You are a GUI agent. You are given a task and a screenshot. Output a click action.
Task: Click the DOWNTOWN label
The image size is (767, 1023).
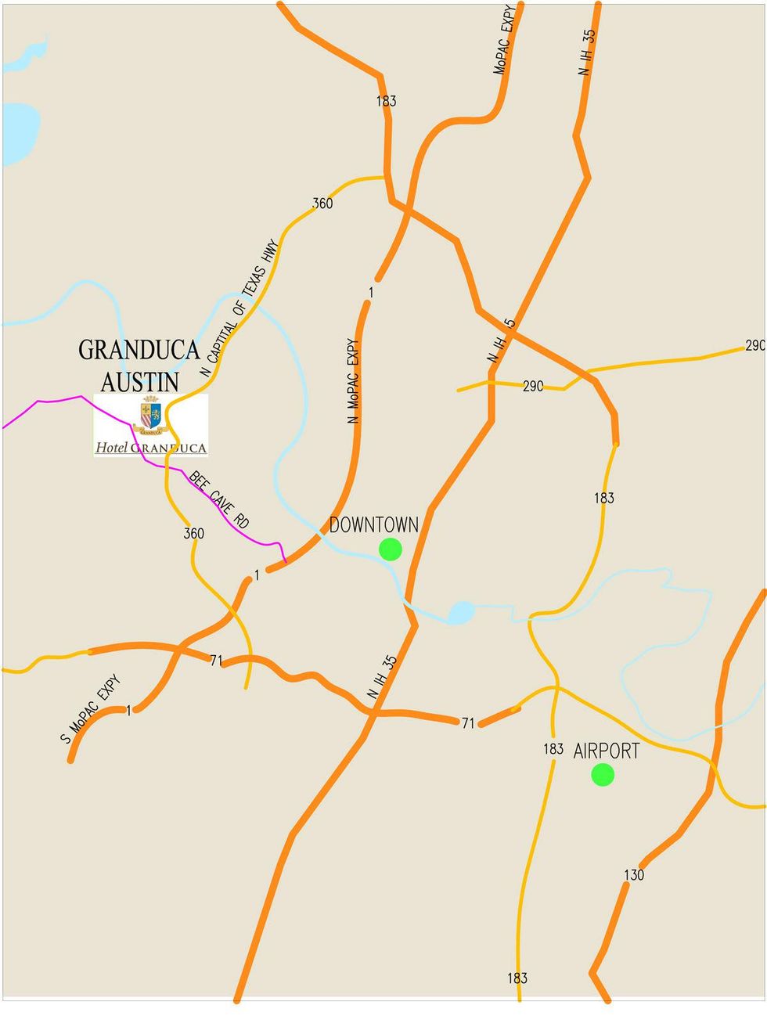tap(373, 524)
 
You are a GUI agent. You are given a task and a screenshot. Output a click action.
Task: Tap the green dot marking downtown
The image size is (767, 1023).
tap(390, 549)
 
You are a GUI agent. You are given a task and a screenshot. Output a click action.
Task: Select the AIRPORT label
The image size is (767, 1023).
tap(606, 751)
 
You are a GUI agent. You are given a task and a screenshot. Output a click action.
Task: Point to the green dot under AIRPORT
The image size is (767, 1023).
tap(603, 775)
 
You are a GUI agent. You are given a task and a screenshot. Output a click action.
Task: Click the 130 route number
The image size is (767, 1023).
tap(634, 874)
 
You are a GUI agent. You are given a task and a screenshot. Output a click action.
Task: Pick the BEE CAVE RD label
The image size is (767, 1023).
tap(218, 500)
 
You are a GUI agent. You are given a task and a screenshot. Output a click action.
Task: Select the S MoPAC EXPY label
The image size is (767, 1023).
tap(90, 708)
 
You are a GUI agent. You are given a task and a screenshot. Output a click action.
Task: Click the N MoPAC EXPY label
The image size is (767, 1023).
tap(354, 381)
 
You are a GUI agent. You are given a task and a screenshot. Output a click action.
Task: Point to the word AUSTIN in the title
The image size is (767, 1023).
tap(140, 382)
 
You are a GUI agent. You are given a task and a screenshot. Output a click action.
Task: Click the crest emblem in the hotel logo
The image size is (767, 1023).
tap(151, 416)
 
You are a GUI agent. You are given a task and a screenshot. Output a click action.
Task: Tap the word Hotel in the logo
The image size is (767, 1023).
tap(111, 448)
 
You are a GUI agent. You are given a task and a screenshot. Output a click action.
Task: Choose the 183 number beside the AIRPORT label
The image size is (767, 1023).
tap(553, 749)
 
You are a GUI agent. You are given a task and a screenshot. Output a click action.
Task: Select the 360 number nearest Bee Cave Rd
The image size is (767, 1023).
tap(193, 533)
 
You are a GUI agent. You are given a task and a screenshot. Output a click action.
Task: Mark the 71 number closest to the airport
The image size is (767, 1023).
tap(467, 723)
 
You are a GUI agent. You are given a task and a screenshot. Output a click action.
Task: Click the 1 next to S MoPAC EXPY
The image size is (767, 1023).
tap(129, 711)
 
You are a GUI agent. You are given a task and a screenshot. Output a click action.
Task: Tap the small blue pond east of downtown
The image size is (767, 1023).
tap(462, 611)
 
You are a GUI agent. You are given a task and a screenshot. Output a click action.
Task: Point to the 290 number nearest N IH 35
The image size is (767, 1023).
tap(533, 386)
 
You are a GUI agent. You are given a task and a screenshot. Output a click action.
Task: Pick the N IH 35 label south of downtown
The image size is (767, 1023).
tap(383, 677)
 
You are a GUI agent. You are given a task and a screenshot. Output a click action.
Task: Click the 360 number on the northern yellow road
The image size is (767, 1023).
tap(322, 204)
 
